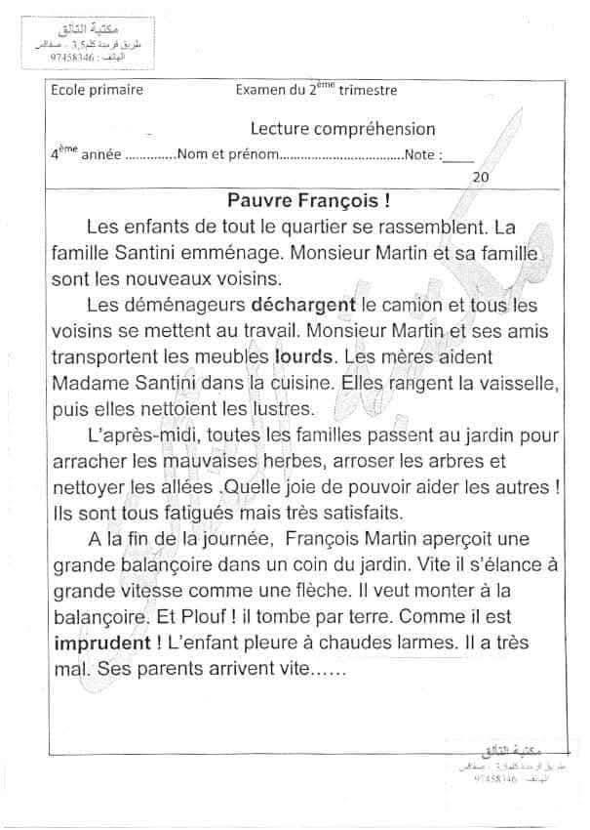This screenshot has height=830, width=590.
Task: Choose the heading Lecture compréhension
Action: [x=342, y=129]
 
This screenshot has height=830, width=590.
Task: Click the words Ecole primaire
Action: [x=98, y=91]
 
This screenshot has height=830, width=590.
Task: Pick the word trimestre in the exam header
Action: [x=363, y=91]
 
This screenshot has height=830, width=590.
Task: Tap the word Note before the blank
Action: [x=421, y=154]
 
